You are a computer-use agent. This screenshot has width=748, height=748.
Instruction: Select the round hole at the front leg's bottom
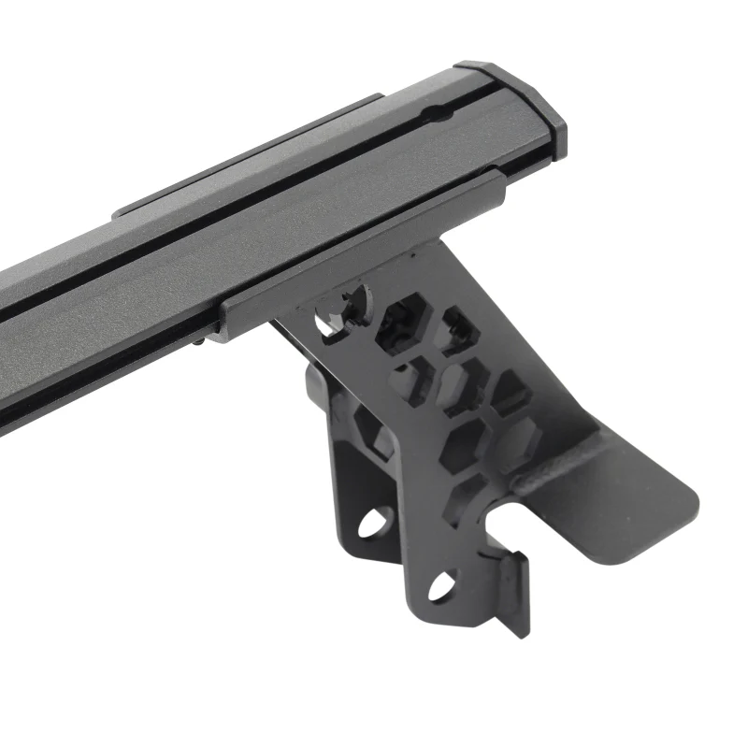(439, 585)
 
